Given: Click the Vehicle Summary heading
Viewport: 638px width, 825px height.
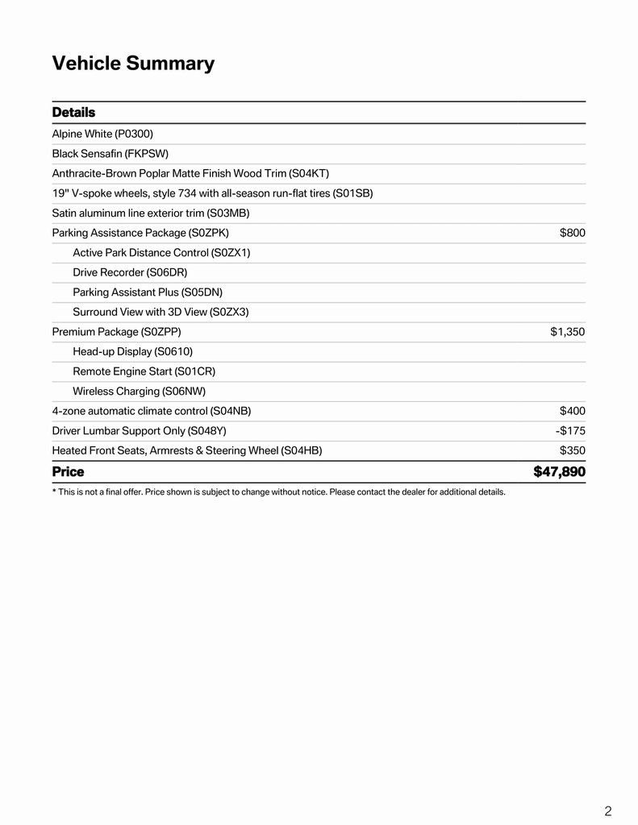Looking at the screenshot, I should (133, 64).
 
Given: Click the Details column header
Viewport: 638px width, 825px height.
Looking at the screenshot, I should (73, 112).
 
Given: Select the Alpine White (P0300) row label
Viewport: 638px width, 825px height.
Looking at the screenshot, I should (102, 134).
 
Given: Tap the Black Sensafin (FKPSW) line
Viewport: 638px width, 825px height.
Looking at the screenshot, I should (110, 153).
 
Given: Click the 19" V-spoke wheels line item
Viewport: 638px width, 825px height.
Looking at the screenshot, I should (212, 193).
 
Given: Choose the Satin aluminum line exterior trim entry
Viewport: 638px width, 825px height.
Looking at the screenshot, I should (151, 213).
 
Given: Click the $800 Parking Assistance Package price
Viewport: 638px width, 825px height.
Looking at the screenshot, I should (572, 233).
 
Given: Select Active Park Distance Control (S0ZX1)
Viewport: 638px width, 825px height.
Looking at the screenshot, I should (161, 252).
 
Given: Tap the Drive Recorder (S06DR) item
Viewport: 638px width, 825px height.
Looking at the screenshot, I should (130, 272).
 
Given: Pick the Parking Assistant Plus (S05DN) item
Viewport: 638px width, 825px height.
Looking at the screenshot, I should (148, 292).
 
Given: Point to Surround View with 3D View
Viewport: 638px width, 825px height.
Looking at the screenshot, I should (161, 312).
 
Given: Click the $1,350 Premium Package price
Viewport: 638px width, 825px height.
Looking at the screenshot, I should (567, 331).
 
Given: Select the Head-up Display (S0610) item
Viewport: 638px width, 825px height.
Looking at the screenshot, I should (132, 351).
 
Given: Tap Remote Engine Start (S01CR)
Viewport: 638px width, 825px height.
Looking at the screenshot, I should (144, 371).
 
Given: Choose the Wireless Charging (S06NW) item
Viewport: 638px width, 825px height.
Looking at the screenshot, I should (139, 391).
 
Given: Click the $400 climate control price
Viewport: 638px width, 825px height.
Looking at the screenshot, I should (572, 411).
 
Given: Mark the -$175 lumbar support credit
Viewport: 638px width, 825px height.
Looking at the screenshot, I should (570, 430).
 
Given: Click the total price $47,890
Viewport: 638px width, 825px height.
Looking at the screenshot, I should (559, 471).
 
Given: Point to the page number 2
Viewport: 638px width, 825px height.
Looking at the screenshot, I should (607, 811).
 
